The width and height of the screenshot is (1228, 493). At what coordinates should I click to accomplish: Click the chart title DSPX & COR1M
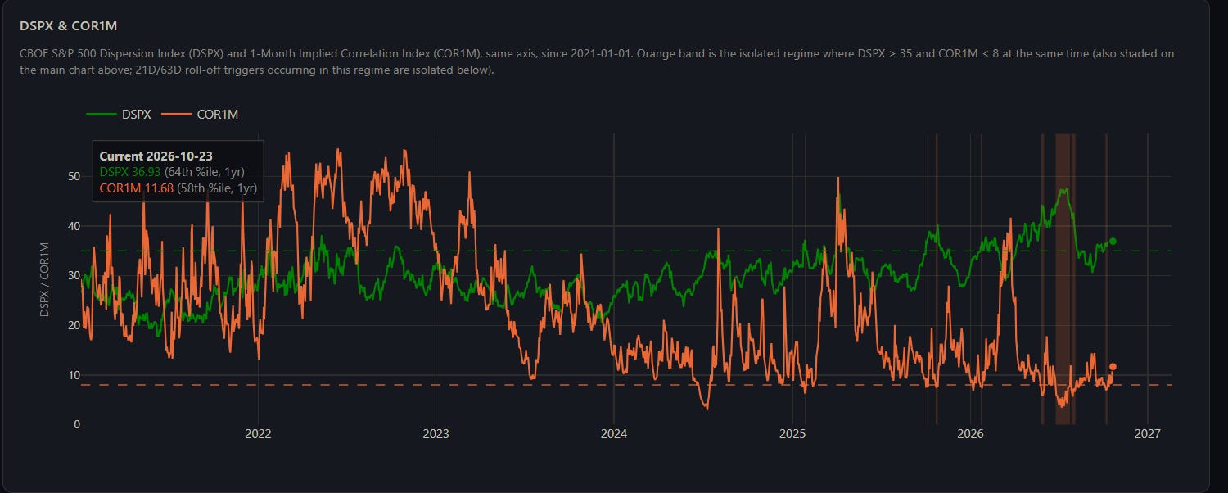[69, 25]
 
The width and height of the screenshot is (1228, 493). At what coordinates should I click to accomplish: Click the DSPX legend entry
[119, 114]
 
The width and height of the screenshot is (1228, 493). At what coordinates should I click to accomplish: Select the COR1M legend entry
[200, 114]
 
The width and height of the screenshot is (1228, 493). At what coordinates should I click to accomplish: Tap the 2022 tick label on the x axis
[258, 434]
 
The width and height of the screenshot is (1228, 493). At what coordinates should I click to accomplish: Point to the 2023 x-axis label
[436, 434]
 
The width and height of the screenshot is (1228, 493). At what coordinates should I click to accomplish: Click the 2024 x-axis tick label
[614, 434]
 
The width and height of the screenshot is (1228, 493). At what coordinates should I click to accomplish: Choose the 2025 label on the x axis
[792, 434]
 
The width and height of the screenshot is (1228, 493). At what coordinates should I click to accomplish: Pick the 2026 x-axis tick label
[970, 434]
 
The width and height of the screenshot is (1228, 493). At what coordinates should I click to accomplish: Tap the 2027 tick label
[1148, 434]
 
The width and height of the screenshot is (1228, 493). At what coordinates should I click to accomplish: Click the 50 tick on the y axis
[74, 176]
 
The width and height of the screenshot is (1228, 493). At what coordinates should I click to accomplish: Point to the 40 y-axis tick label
[74, 226]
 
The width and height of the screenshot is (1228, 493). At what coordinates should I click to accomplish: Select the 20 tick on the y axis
[74, 325]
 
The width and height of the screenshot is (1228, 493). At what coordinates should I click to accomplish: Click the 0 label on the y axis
[77, 424]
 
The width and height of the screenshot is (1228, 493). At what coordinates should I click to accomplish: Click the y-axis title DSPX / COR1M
[44, 279]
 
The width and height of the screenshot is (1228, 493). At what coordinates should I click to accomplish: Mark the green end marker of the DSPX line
[1113, 242]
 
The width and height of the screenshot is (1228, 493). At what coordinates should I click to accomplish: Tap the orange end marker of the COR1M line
[1113, 367]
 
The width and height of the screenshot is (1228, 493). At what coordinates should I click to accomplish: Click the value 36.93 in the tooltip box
[146, 172]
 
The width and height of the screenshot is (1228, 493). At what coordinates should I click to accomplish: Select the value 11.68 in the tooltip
[159, 188]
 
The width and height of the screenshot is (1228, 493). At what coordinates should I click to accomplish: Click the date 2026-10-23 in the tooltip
[180, 156]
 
